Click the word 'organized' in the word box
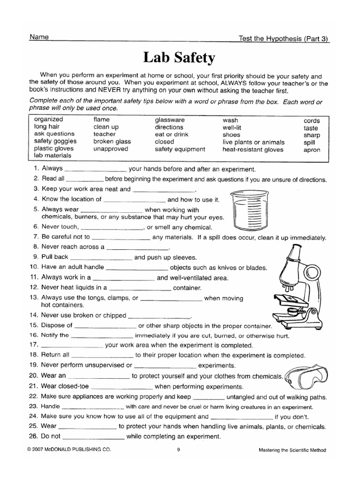pyautogui.click(x=48, y=120)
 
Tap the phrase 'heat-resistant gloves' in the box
pyautogui.click(x=253, y=150)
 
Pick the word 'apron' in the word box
pyautogui.click(x=312, y=150)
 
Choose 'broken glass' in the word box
pyautogui.click(x=112, y=141)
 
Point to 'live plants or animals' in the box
pyautogui.click(x=253, y=142)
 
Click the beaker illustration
pyautogui.click(x=249, y=211)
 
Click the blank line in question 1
pyautogui.click(x=95, y=170)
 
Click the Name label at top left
pyautogui.click(x=39, y=37)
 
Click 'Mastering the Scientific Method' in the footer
pyautogui.click(x=292, y=450)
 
